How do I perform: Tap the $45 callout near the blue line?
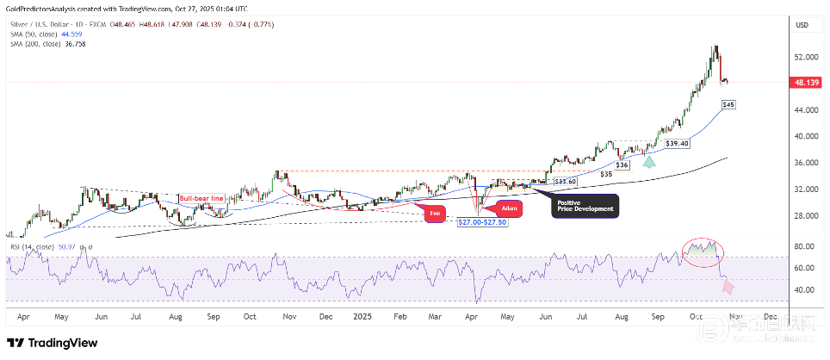coord(728,104)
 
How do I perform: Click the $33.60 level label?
coord(563,182)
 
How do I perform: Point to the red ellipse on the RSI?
coord(702,251)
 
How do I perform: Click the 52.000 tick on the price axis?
coord(806,58)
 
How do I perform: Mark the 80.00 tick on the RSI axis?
coord(804,247)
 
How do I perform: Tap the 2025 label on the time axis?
coord(362,316)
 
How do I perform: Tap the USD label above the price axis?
coord(802,25)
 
